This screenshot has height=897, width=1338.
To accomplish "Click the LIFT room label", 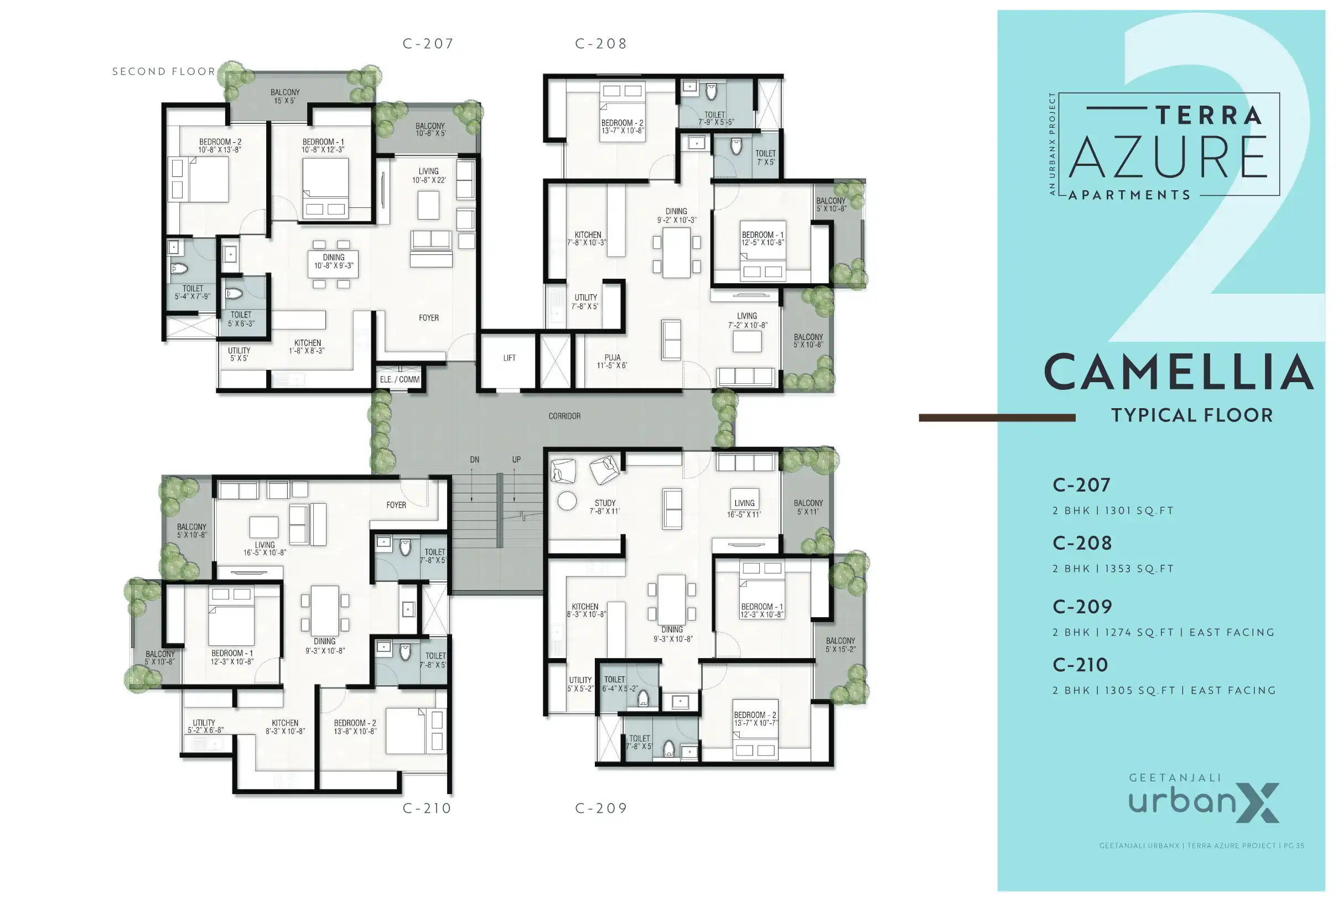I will click(509, 358).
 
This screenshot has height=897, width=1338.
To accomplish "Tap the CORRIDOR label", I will click(564, 416).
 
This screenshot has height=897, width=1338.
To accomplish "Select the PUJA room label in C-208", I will click(612, 362).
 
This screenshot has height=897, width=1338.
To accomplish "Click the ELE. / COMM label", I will click(400, 380).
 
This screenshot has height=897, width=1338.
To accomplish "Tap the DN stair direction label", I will click(474, 460).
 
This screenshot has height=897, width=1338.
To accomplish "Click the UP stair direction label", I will click(516, 460).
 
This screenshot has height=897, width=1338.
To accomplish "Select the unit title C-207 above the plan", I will click(428, 44).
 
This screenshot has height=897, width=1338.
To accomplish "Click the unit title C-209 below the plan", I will click(601, 809).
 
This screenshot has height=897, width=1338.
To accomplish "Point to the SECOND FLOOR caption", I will click(164, 71).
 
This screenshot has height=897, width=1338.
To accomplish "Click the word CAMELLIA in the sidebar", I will click(1179, 372).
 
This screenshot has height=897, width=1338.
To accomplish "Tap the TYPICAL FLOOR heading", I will click(1191, 415).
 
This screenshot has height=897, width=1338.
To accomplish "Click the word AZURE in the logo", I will click(1168, 157).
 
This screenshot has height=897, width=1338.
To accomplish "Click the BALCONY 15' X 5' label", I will click(285, 96).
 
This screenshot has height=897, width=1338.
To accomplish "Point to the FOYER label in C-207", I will click(429, 318).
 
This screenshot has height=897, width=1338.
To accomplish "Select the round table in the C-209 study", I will click(567, 501).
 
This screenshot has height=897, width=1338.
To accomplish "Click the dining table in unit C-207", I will click(333, 264).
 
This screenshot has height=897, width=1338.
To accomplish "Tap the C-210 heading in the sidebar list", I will click(1081, 665).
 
